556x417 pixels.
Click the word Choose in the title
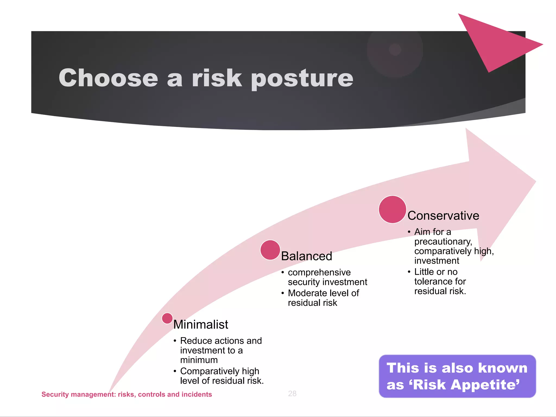[108, 78]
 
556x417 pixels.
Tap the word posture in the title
[302, 79]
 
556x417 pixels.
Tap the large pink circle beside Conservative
[392, 209]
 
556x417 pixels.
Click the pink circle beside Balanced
[270, 250]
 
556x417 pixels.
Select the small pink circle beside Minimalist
[167, 318]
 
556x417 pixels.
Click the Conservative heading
[443, 216]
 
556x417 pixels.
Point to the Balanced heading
[306, 256]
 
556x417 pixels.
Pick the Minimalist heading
[201, 324]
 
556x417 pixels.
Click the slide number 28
[292, 393]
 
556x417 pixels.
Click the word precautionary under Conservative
[443, 241]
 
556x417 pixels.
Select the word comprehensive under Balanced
[319, 272]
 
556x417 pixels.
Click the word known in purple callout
[503, 368]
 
